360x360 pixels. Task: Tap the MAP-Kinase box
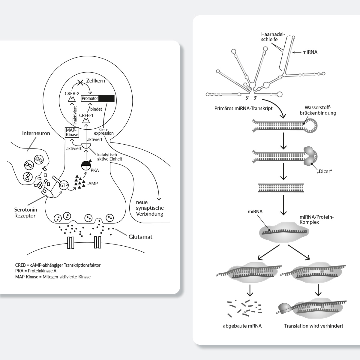point(72,132)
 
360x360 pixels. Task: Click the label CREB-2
point(72,94)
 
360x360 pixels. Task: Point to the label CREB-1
point(86,115)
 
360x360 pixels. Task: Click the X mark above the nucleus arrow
point(80,82)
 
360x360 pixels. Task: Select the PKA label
point(94,170)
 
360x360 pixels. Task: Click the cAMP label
point(92,183)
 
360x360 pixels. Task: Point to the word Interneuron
point(36,133)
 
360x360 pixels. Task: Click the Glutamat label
point(140,237)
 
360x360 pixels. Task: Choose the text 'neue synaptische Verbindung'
point(150,208)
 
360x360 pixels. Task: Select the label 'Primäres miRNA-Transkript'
point(244,108)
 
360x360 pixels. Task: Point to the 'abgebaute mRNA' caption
point(242,326)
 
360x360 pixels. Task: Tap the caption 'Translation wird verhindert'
point(313,326)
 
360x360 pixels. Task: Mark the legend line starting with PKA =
point(36,271)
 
